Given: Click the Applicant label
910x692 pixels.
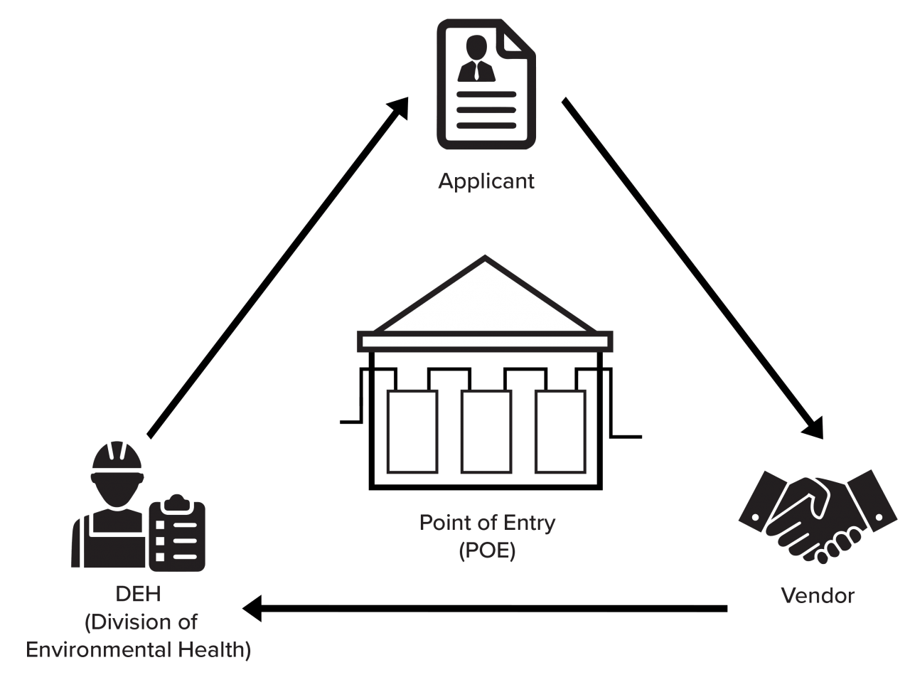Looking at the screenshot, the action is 486,181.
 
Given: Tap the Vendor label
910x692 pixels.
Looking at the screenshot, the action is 818,596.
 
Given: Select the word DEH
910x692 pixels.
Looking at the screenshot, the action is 138,594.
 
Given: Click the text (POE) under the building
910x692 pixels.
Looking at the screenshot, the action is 487,550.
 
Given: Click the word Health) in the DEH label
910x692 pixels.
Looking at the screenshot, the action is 214,649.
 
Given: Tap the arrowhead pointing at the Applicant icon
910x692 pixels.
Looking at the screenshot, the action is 399,108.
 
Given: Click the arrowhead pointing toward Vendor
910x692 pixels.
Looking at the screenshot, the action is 813,428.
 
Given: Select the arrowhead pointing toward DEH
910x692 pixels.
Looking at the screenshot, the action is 252,608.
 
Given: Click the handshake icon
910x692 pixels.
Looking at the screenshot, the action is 818,516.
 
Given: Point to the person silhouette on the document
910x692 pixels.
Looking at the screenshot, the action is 476,58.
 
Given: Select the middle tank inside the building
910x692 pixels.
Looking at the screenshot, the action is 486,431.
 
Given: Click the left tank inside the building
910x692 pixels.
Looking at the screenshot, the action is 412,431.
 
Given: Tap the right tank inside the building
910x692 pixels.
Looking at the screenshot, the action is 560,431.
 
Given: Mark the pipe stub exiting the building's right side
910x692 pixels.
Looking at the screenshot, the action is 626,437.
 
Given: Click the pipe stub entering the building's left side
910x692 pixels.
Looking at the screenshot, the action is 350,422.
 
